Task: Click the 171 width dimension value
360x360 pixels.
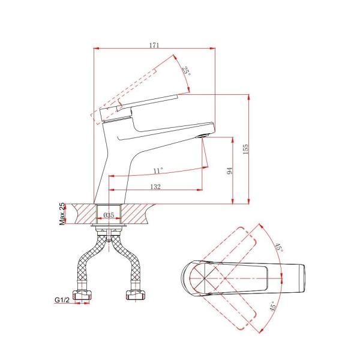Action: (x=154, y=45)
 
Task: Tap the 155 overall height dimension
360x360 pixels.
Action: (x=245, y=149)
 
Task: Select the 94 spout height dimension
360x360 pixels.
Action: (x=230, y=171)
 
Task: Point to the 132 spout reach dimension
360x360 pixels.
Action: (x=155, y=187)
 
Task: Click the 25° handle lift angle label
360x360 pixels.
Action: (x=187, y=71)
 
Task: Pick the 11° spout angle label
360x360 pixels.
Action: (x=158, y=170)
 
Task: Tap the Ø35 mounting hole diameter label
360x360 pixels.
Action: (x=109, y=215)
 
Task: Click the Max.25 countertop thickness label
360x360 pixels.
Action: (x=62, y=214)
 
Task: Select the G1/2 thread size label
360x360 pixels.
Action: (x=62, y=299)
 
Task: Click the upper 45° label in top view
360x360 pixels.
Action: (x=280, y=247)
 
